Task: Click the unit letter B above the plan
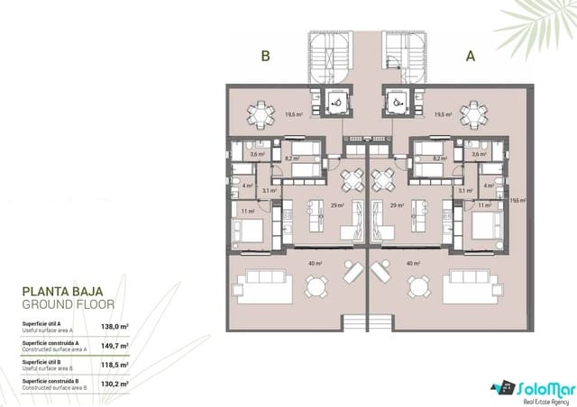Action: pos(266,56)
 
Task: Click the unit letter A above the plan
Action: pos(470,56)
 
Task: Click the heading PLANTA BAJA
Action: pos(63,292)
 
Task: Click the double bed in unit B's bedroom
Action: pos(253,224)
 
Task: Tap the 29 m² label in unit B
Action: pos(335,206)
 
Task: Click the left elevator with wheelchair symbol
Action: pos(336,104)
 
